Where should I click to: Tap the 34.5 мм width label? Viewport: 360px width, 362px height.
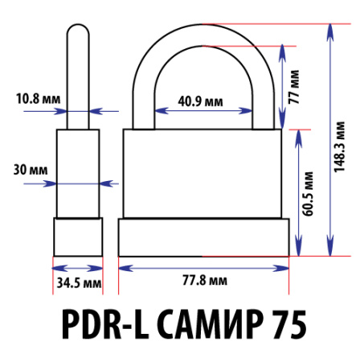(x=78, y=282)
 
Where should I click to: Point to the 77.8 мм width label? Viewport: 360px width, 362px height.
(x=203, y=281)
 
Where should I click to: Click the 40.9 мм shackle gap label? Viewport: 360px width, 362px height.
(x=201, y=102)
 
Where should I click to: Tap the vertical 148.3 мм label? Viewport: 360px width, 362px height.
(x=341, y=147)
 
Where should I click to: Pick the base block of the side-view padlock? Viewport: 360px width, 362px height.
(x=78, y=237)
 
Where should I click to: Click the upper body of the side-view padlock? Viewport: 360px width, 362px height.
(x=78, y=173)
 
